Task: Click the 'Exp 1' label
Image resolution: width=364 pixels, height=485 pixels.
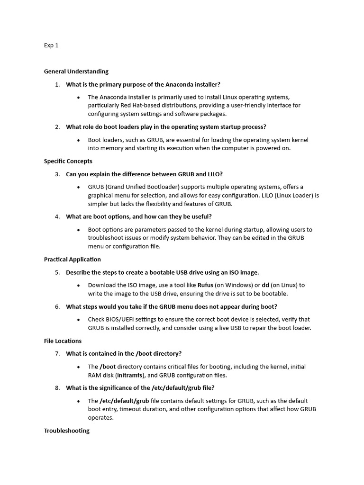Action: pos(51,46)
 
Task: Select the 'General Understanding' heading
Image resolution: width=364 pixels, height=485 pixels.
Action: pos(76,72)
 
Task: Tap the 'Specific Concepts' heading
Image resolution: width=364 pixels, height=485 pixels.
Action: pos(68,161)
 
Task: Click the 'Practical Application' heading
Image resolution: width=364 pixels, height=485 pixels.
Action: pos(72,260)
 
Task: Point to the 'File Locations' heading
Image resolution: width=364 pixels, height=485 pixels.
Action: pos(63,341)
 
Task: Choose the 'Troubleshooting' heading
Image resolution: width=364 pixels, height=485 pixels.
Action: pos(66,431)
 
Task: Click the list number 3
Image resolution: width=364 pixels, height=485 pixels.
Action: pos(57,174)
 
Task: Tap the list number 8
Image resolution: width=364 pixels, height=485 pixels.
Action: pos(57,388)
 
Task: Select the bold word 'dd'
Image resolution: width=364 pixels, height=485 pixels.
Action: pos(265,285)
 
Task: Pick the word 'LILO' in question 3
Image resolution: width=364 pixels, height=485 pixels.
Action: pos(214,174)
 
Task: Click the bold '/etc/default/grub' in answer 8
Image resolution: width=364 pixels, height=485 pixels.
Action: pos(124,401)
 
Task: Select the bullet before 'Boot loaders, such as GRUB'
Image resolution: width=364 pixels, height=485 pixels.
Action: pos(78,140)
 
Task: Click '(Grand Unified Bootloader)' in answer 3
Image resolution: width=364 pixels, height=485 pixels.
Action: pos(143,187)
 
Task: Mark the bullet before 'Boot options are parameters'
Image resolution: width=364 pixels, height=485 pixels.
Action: pos(78,230)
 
